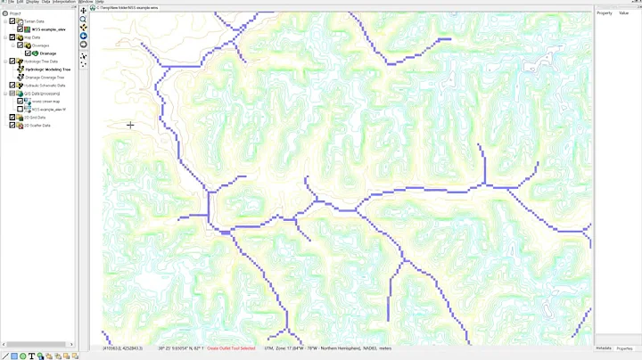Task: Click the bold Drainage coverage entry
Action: coord(48,53)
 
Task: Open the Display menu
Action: coord(33,2)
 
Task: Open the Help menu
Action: coord(100,2)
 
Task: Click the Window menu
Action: coord(86,2)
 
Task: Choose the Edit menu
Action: coord(20,2)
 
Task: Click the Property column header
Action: coord(605,12)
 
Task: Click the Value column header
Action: coord(624,12)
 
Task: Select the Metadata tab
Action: coord(604,348)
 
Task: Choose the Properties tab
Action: coord(625,348)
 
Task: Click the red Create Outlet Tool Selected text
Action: coord(231,348)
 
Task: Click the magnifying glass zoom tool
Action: coord(84,19)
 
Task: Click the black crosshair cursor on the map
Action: coord(130,125)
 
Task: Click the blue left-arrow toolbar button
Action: coord(84,36)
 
